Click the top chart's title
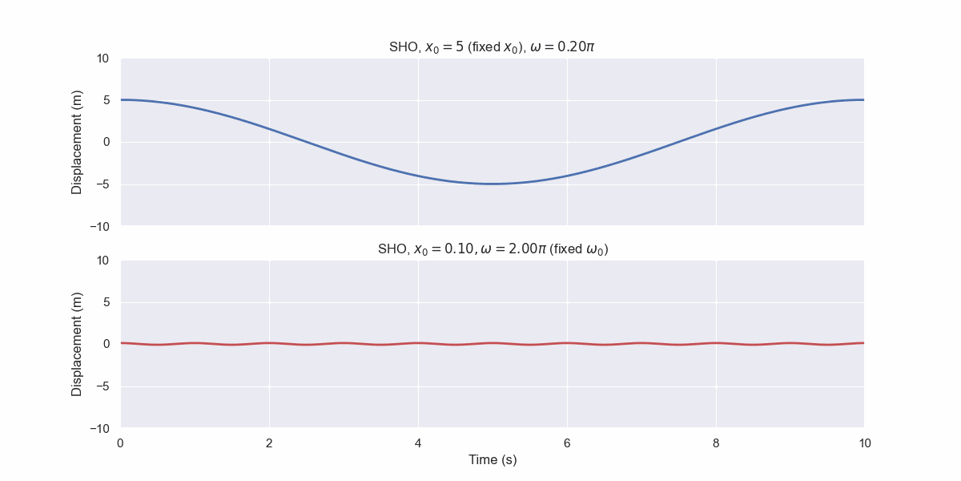[492, 47]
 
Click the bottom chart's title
[492, 249]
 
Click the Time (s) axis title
[492, 460]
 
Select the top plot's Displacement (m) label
[77, 142]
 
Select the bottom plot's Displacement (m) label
[77, 344]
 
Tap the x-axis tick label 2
[269, 443]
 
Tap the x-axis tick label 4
[418, 443]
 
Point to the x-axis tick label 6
[567, 443]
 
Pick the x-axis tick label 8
[716, 443]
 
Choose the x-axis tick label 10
[864, 443]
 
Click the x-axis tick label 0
[121, 443]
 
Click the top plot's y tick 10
[103, 59]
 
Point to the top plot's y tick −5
[100, 184]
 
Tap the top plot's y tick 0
[106, 143]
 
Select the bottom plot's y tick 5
[106, 302]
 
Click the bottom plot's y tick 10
[103, 261]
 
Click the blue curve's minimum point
[493, 184]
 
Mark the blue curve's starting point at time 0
[122, 100]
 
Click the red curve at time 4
[418, 343]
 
